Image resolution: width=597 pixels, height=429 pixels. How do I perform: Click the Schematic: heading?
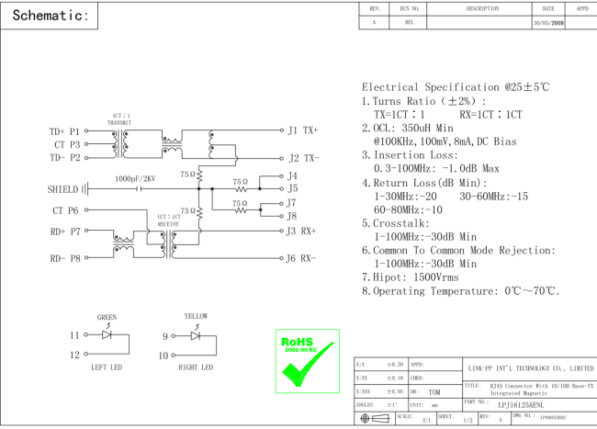[x=50, y=17]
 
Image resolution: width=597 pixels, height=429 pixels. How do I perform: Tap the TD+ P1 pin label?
[x=64, y=131]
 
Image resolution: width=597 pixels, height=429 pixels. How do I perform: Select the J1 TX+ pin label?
[x=303, y=130]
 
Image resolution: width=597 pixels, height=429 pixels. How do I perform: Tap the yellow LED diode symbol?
[x=196, y=336]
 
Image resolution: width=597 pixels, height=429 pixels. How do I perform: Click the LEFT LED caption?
[x=107, y=367]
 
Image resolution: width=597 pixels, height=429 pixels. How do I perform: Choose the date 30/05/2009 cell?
[x=548, y=23]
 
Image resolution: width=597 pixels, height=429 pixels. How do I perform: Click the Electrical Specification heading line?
[x=456, y=86]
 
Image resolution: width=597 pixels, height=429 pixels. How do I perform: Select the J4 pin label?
[x=293, y=175]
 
